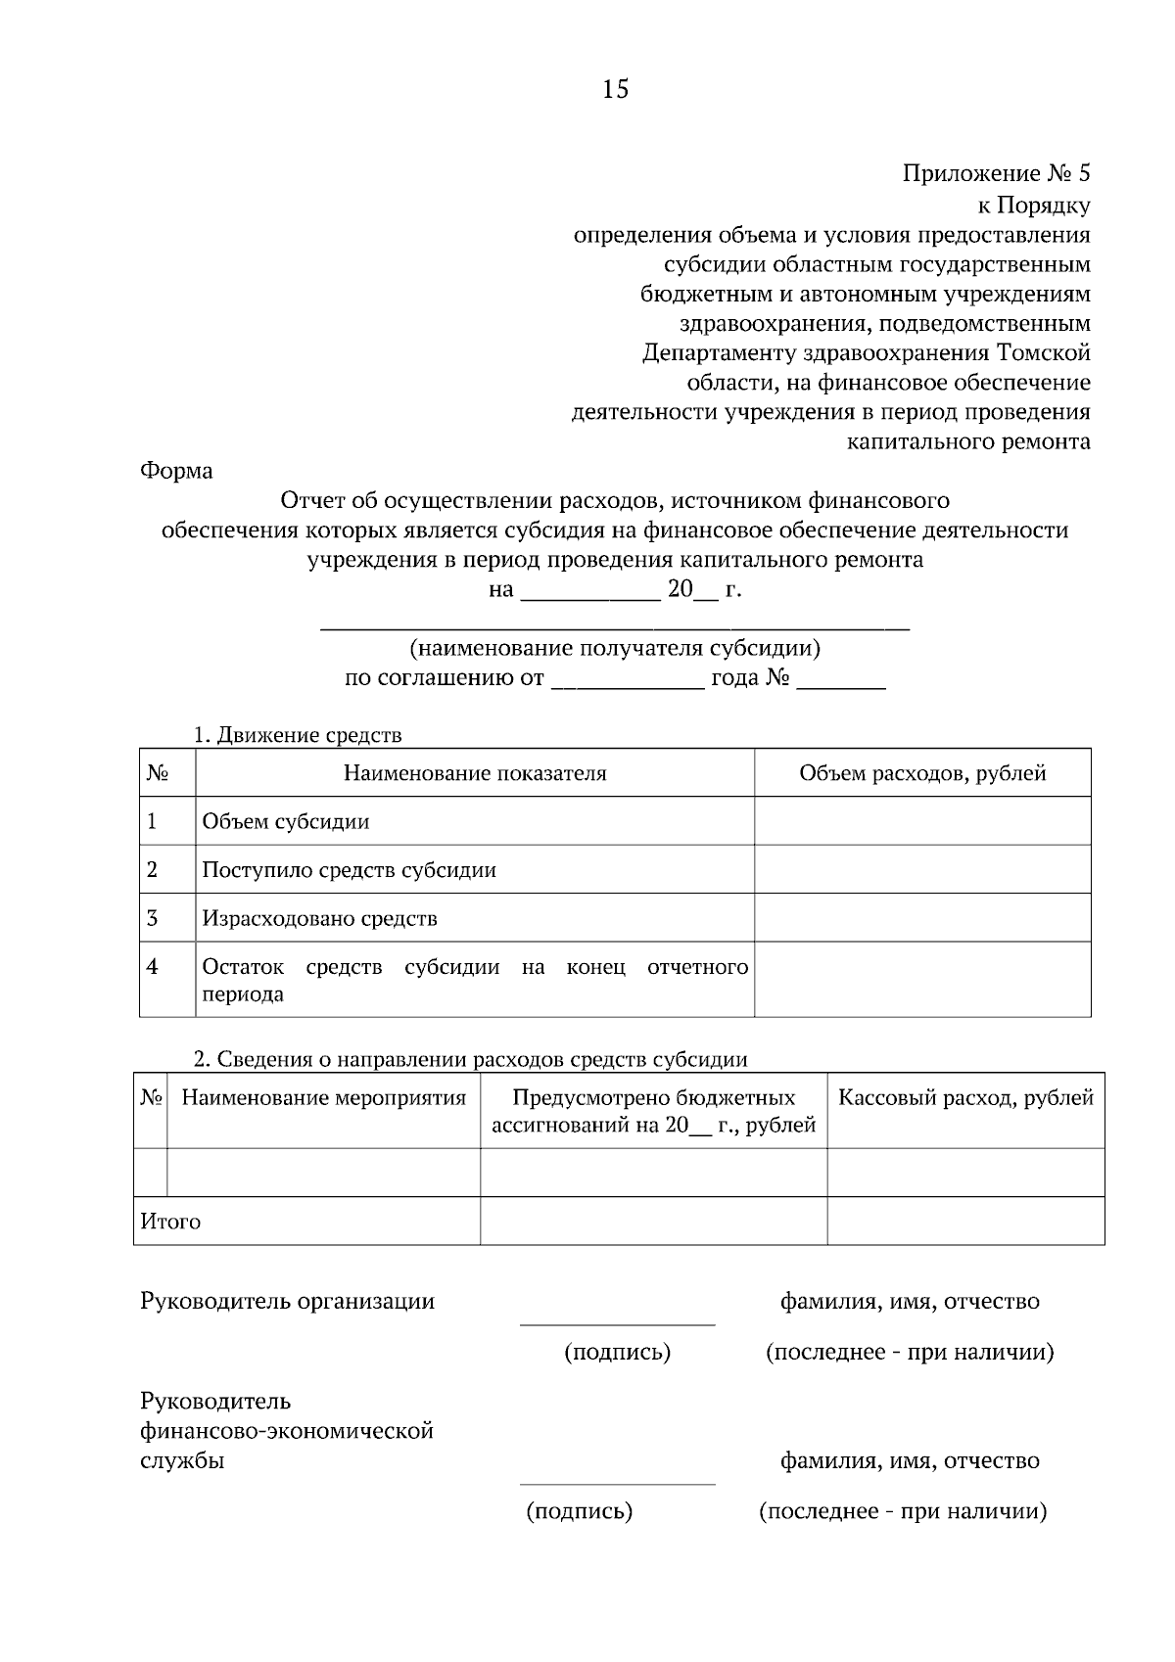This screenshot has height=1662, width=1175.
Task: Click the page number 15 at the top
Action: (x=616, y=90)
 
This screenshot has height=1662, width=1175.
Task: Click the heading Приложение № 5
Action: (x=995, y=174)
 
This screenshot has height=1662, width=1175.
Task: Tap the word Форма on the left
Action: (x=176, y=471)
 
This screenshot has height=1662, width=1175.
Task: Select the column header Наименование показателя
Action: (x=475, y=773)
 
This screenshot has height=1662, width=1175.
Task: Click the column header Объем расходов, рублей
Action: (x=922, y=773)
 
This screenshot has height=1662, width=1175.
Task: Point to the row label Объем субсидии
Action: (x=286, y=821)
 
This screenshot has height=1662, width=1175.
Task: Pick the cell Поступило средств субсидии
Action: (x=349, y=870)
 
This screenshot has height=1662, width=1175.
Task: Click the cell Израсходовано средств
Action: (x=319, y=919)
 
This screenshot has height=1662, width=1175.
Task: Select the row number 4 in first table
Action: (x=153, y=967)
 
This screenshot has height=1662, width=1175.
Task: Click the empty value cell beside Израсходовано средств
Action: (x=922, y=918)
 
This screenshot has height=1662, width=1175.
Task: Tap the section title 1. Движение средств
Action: (x=298, y=735)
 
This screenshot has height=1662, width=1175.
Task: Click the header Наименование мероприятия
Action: (x=324, y=1098)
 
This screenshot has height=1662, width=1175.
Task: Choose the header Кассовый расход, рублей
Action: (x=965, y=1098)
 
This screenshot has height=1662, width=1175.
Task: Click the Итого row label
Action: (x=170, y=1222)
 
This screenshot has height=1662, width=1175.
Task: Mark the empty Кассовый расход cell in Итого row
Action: (x=965, y=1222)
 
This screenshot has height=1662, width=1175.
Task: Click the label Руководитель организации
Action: (x=287, y=1301)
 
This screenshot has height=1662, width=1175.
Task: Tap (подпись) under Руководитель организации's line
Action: (x=617, y=1353)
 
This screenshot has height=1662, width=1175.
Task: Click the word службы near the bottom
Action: (x=182, y=1461)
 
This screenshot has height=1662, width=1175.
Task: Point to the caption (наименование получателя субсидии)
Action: (x=615, y=648)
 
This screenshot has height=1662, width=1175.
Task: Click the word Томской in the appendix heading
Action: (x=1043, y=352)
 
